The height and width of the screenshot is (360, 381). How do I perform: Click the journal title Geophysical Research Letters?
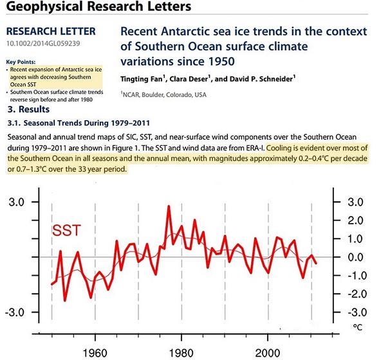(x=98, y=6)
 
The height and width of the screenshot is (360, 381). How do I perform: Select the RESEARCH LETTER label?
(x=51, y=32)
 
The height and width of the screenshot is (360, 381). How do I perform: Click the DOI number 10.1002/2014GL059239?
(x=43, y=44)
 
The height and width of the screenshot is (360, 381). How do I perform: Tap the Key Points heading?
(x=21, y=62)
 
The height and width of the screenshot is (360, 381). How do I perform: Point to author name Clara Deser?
(x=189, y=79)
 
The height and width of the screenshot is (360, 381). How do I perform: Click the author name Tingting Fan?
(x=142, y=79)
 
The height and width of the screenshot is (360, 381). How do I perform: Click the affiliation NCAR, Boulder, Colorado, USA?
(x=165, y=94)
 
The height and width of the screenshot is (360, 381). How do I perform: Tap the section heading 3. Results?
(x=28, y=109)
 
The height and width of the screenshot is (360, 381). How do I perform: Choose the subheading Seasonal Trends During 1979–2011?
(x=86, y=123)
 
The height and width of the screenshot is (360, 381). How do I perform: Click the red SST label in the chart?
(x=66, y=230)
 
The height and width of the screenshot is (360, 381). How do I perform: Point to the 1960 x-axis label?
(x=95, y=353)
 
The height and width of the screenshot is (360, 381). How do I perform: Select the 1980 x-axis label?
(x=181, y=353)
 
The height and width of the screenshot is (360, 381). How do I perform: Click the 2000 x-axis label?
(x=267, y=353)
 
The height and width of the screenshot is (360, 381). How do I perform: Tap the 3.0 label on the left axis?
(x=17, y=202)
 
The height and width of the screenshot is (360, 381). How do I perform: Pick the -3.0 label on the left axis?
(x=15, y=312)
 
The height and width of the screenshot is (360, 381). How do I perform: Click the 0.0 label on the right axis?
(x=355, y=257)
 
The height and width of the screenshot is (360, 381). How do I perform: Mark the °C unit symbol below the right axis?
(x=358, y=327)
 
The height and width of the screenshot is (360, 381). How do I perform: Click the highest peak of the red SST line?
(x=169, y=206)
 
